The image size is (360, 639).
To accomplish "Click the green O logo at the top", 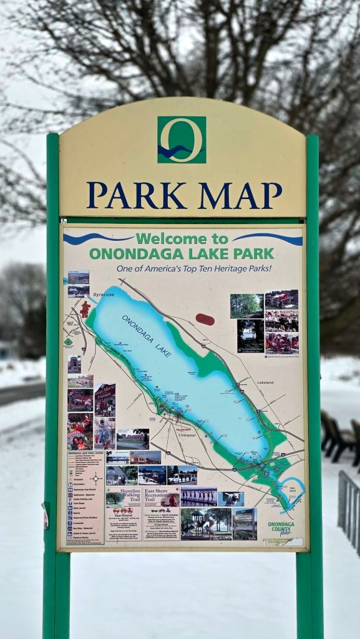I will click(x=182, y=140).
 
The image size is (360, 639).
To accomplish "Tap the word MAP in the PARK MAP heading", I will click(x=240, y=195).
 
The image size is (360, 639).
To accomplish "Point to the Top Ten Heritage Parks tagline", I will click(x=193, y=268).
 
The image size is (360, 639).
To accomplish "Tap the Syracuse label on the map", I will click(x=103, y=295).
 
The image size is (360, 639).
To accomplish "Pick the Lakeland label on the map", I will click(x=265, y=383).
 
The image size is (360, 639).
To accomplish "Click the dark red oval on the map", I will click(x=205, y=319).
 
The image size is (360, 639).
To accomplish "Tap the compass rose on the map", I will click(x=95, y=479).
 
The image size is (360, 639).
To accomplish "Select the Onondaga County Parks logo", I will click(x=281, y=528).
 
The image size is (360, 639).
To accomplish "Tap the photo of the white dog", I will click(x=231, y=499).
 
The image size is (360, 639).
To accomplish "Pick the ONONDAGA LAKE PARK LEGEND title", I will click(x=83, y=454).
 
